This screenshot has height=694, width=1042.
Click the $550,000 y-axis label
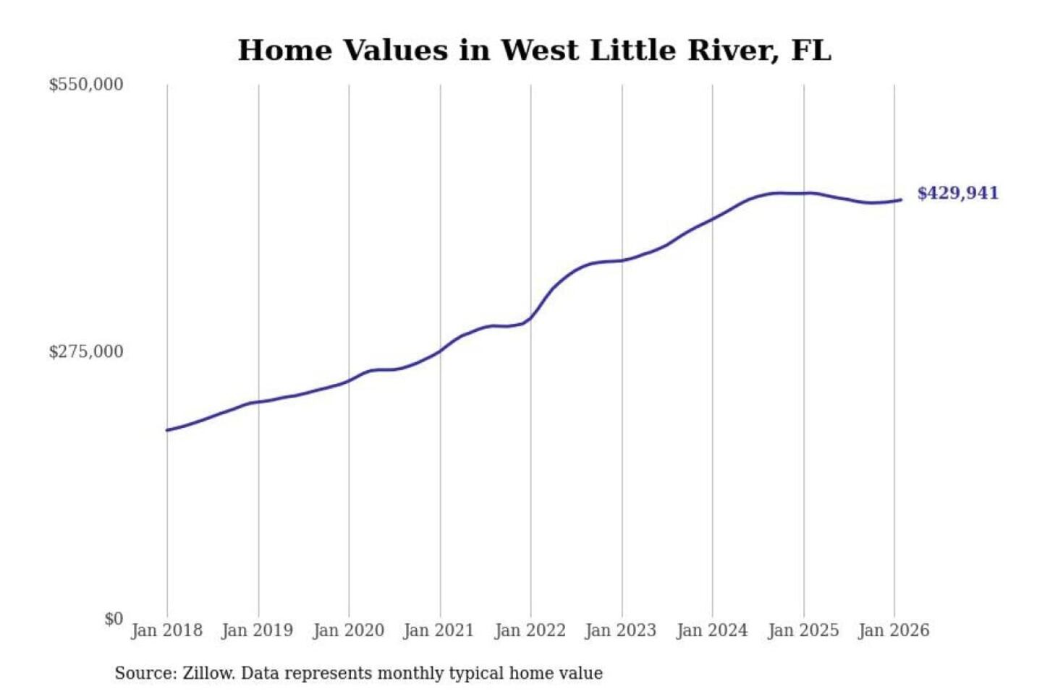[x=86, y=85]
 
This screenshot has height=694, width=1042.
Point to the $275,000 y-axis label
[x=86, y=352]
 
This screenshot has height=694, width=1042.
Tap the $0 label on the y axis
[x=114, y=619]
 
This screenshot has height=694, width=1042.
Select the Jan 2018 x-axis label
[x=166, y=630]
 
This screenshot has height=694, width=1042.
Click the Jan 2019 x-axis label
[x=258, y=630]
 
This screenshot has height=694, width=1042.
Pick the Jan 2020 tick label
[x=348, y=630]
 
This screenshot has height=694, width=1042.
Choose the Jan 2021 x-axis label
[x=439, y=630]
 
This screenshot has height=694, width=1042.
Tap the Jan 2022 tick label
[x=530, y=630]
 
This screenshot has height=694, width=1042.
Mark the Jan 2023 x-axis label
[x=621, y=630]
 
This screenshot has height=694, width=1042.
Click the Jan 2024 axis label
[x=712, y=630]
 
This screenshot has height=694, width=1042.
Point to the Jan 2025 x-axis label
[x=803, y=630]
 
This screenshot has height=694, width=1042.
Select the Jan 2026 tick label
[x=894, y=630]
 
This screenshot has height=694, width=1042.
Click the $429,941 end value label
[x=958, y=193]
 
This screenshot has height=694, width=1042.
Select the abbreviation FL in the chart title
[x=811, y=51]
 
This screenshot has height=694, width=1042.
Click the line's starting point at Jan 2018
[x=167, y=430]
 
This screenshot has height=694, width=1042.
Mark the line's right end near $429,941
[x=900, y=200]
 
